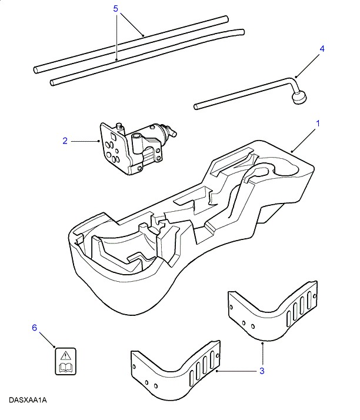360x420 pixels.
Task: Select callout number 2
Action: tap(65, 141)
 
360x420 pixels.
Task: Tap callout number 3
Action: tap(262, 371)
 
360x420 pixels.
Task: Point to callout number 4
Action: tap(322, 50)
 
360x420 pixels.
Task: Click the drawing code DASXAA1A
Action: tap(28, 400)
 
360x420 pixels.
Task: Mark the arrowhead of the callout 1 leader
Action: tap(291, 152)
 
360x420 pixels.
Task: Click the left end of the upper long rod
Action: tap(36, 69)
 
